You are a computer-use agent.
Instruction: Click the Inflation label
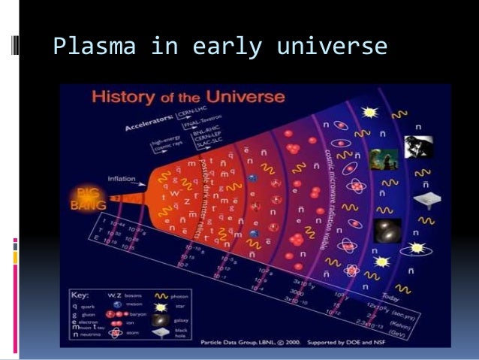coord(123,179)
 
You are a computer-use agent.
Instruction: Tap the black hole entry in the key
coord(184,330)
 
